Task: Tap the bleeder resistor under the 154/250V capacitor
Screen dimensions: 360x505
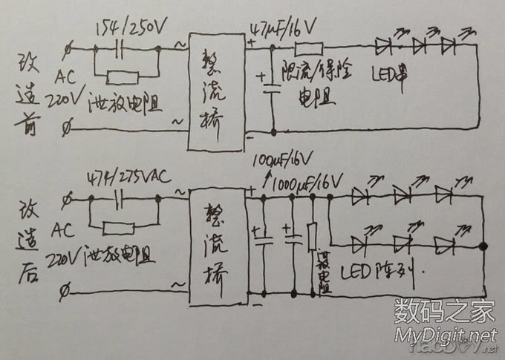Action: coord(123,76)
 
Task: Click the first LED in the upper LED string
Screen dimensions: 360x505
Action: coord(385,46)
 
